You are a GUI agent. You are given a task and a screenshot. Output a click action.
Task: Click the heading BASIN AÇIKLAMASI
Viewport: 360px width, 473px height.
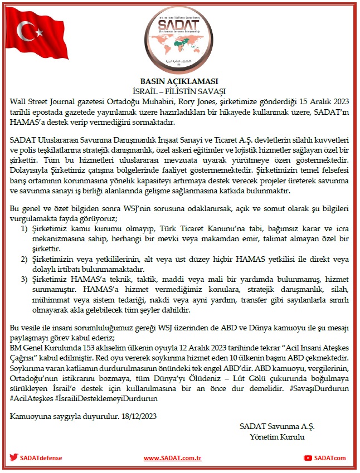tap(179, 80)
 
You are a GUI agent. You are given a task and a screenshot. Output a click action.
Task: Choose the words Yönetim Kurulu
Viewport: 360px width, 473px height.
tap(276, 437)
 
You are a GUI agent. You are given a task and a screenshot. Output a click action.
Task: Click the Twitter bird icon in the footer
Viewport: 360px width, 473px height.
tap(13, 458)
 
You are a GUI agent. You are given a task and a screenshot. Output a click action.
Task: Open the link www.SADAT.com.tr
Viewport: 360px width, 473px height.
tap(172, 458)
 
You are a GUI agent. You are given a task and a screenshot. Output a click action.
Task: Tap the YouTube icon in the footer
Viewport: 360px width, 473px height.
tap(308, 458)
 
